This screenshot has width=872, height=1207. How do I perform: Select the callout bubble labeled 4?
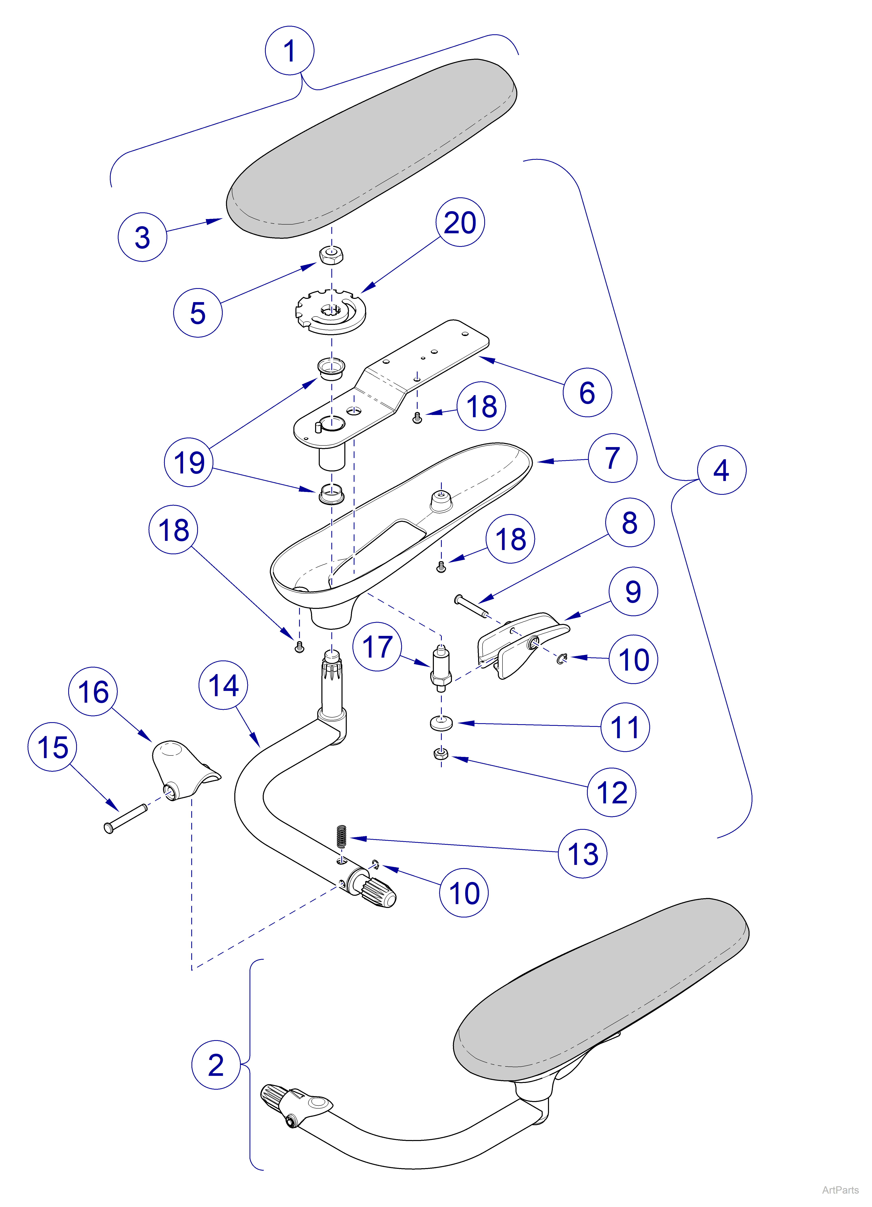point(721,470)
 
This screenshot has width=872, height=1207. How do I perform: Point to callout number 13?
point(582,853)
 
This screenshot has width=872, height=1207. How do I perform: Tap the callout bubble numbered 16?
point(93,691)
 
